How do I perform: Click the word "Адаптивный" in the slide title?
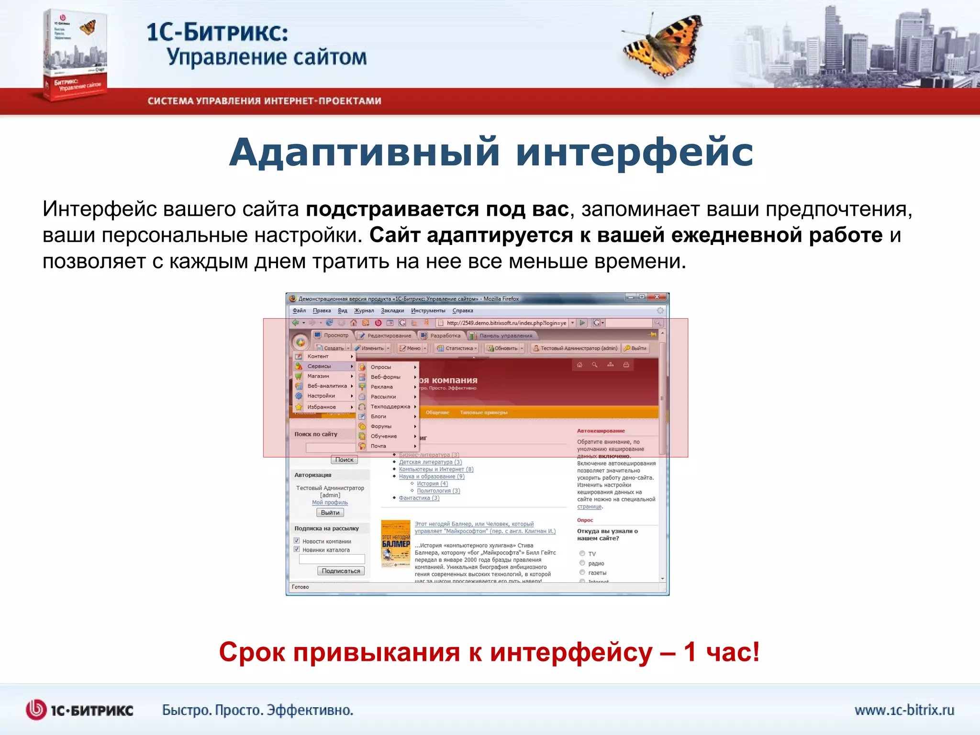pos(364,152)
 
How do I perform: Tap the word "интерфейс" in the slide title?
pos(634,152)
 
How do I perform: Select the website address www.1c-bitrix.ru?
pos(904,710)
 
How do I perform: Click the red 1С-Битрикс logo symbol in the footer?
pos(36,710)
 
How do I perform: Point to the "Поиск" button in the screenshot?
pos(344,460)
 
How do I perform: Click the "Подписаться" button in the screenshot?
pos(341,571)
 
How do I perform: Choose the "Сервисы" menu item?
pos(319,366)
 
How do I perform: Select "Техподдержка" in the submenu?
pos(390,407)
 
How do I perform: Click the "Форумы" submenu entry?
pos(381,426)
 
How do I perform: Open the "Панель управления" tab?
pos(505,335)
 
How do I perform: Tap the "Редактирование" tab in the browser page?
pos(389,335)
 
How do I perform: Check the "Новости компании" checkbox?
pos(297,541)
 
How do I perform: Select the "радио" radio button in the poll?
pos(582,563)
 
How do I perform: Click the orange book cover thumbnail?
pos(396,544)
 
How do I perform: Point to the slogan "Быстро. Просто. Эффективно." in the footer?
pos(257,710)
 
